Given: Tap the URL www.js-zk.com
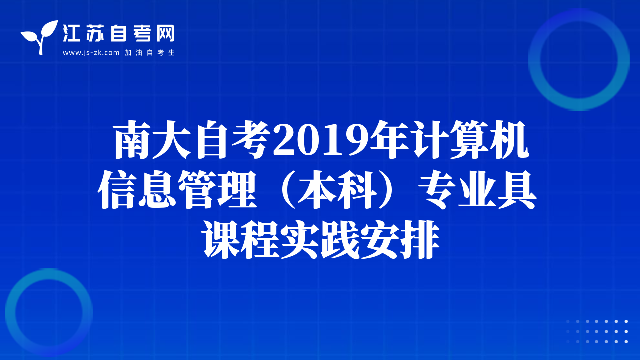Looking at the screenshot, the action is pyautogui.click(x=91, y=53).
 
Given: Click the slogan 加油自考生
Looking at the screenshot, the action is pyautogui.click(x=150, y=53).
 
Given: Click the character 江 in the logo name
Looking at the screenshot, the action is pyautogui.click(x=71, y=33).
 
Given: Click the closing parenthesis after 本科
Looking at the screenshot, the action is pyautogui.click(x=389, y=189).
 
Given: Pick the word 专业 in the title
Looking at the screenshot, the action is pyautogui.click(x=458, y=189).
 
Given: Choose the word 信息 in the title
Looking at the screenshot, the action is pyautogui.click(x=137, y=189).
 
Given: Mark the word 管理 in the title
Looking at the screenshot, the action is pyautogui.click(x=217, y=189).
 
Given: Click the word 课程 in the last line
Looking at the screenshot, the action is pyautogui.click(x=241, y=240).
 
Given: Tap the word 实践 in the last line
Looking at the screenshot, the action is pyautogui.click(x=320, y=240).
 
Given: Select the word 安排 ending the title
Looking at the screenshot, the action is pyautogui.click(x=400, y=240).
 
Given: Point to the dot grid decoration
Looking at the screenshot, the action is pyautogui.click(x=597, y=331).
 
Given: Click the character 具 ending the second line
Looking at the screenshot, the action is pyautogui.click(x=517, y=189).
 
